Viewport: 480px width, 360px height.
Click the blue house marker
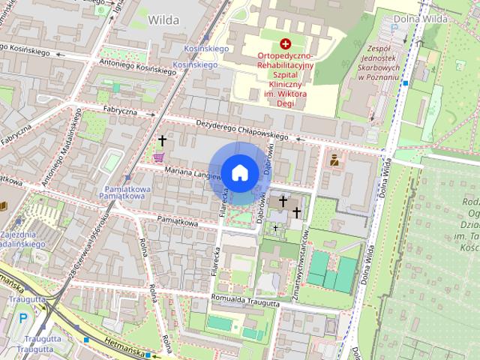click(x=239, y=172)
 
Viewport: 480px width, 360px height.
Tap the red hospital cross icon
click(x=284, y=45)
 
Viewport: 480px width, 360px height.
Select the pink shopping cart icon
click(x=158, y=157)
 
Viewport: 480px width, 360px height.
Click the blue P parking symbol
click(x=22, y=318)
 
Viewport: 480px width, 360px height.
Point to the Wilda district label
click(x=164, y=19)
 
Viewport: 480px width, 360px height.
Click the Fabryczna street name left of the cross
click(x=120, y=110)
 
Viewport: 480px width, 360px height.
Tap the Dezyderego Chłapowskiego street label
click(x=241, y=130)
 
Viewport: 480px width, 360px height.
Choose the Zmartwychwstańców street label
click(x=304, y=255)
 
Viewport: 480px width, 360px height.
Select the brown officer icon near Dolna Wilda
click(x=334, y=160)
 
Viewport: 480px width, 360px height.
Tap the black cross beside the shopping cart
click(x=162, y=140)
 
